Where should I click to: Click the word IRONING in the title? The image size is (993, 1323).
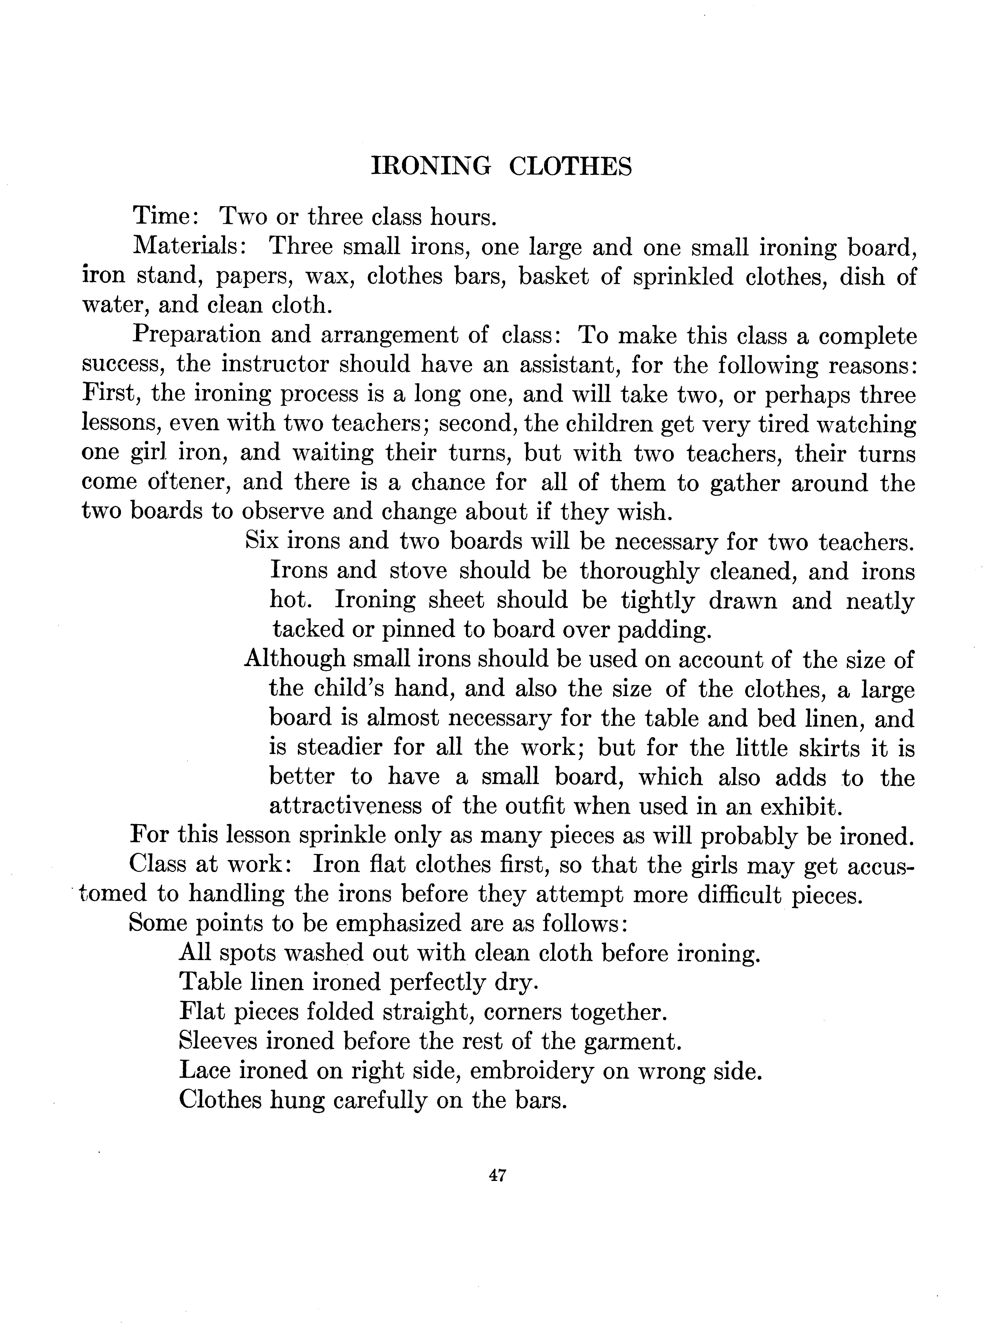(431, 166)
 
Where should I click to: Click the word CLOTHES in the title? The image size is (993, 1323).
(570, 166)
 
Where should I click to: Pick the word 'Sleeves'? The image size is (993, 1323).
(218, 1041)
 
